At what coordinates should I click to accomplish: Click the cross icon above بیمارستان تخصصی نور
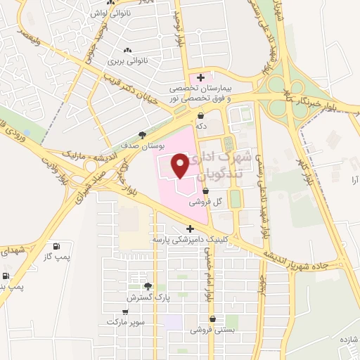click(202, 77)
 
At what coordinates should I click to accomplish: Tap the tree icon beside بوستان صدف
click(143, 134)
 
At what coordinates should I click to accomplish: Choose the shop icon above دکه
click(201, 116)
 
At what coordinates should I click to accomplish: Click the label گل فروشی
click(206, 202)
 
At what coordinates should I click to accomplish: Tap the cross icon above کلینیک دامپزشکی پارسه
click(190, 229)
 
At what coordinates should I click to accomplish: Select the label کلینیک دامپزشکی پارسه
click(190, 240)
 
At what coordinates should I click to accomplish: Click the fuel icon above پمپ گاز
click(56, 246)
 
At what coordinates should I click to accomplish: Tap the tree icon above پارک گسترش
click(148, 286)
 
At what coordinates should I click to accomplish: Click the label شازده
click(349, 340)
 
